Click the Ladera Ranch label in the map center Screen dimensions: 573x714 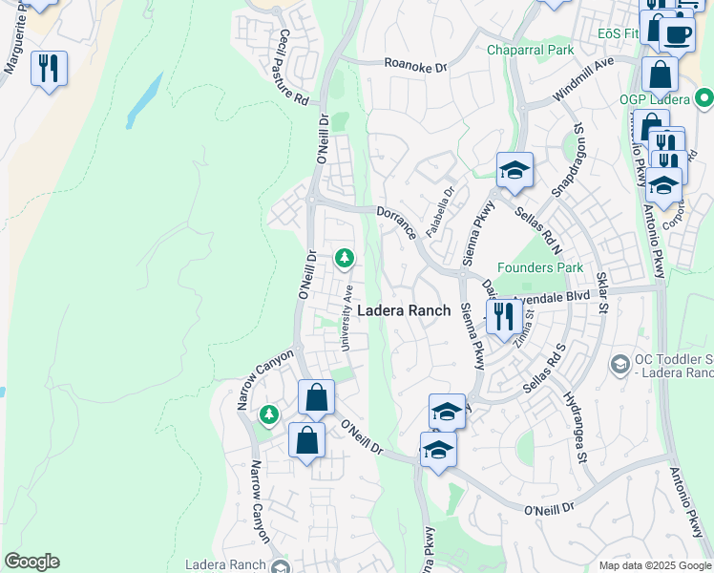(404, 310)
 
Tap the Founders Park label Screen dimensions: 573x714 (539, 268)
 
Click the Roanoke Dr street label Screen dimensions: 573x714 (415, 67)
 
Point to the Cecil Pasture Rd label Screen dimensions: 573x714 (292, 67)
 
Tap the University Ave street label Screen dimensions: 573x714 (348, 316)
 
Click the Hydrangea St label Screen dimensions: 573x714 (574, 427)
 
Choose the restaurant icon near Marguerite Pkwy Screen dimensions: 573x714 (48, 68)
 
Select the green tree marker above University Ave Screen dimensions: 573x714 (344, 258)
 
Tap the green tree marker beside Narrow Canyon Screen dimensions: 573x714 (269, 414)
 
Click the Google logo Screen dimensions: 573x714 (31, 562)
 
